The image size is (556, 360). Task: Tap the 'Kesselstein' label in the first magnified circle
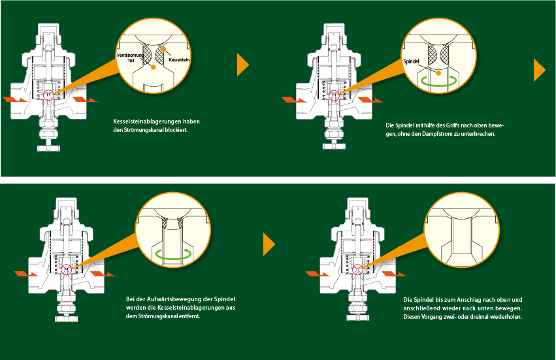coord(178,59)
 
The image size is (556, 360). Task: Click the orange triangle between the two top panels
coord(242,64)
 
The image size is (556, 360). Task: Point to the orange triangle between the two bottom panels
coord(269,244)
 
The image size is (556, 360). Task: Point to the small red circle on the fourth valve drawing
coord(357,268)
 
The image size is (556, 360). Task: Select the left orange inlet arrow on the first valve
coord(15,99)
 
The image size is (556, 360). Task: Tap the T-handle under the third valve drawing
coord(65,318)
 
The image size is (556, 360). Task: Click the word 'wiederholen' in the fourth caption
coord(505,317)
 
